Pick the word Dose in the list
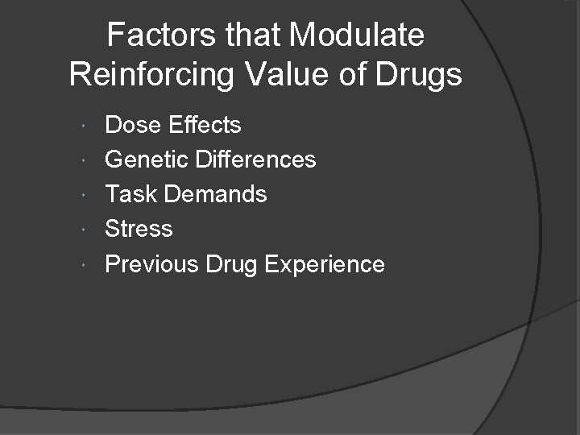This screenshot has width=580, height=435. pos(132,125)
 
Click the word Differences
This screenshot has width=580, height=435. pos(258,159)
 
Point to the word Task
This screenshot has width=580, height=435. pos(130,194)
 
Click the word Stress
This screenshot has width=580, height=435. pos(139,229)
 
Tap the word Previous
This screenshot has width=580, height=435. pos(151,264)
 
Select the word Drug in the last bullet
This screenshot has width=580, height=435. pos(231,264)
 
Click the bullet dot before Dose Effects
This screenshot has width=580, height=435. pos(86,126)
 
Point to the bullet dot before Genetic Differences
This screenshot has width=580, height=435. pos(86,160)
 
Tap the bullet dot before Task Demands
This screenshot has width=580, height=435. pos(86,195)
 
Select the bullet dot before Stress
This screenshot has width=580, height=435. pos(86,230)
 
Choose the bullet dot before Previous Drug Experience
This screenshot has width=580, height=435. pos(86,265)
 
